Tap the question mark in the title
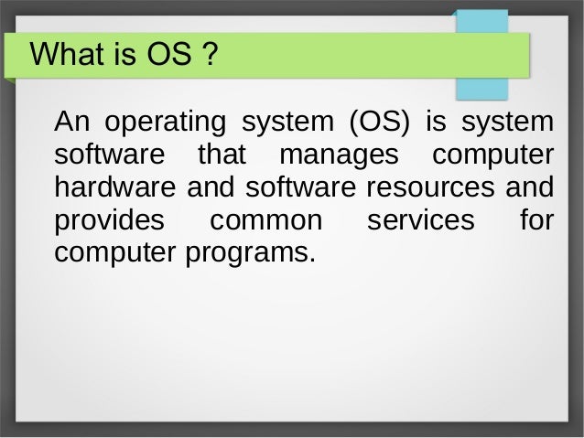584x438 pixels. coord(209,57)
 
